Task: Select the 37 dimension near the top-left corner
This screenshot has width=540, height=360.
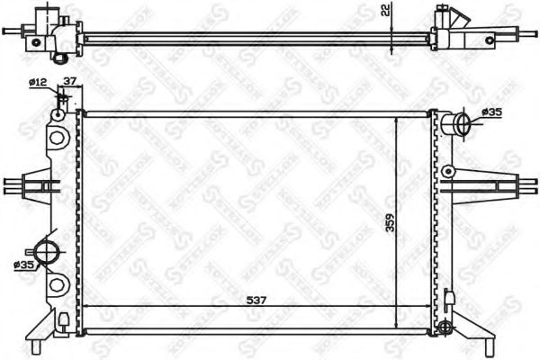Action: (x=67, y=83)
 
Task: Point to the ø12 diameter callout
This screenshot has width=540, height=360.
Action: (x=38, y=83)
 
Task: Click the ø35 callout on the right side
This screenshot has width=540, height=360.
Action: (x=491, y=112)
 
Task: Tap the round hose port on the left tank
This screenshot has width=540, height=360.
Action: (x=48, y=253)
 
